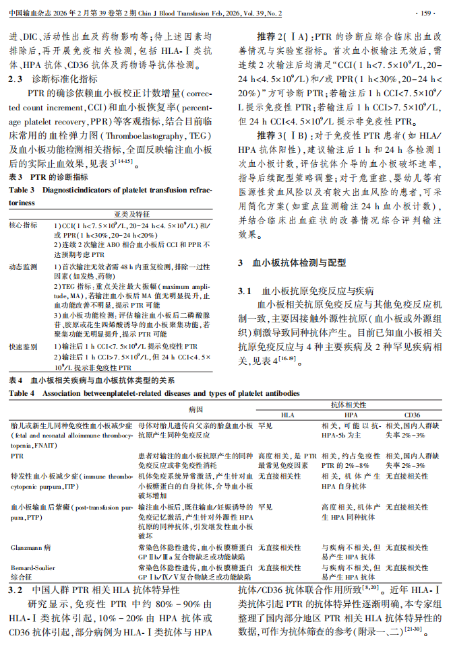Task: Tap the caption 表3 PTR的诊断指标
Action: [x=48, y=176]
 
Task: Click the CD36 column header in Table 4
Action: [x=412, y=415]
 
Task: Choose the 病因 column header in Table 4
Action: [x=196, y=409]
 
